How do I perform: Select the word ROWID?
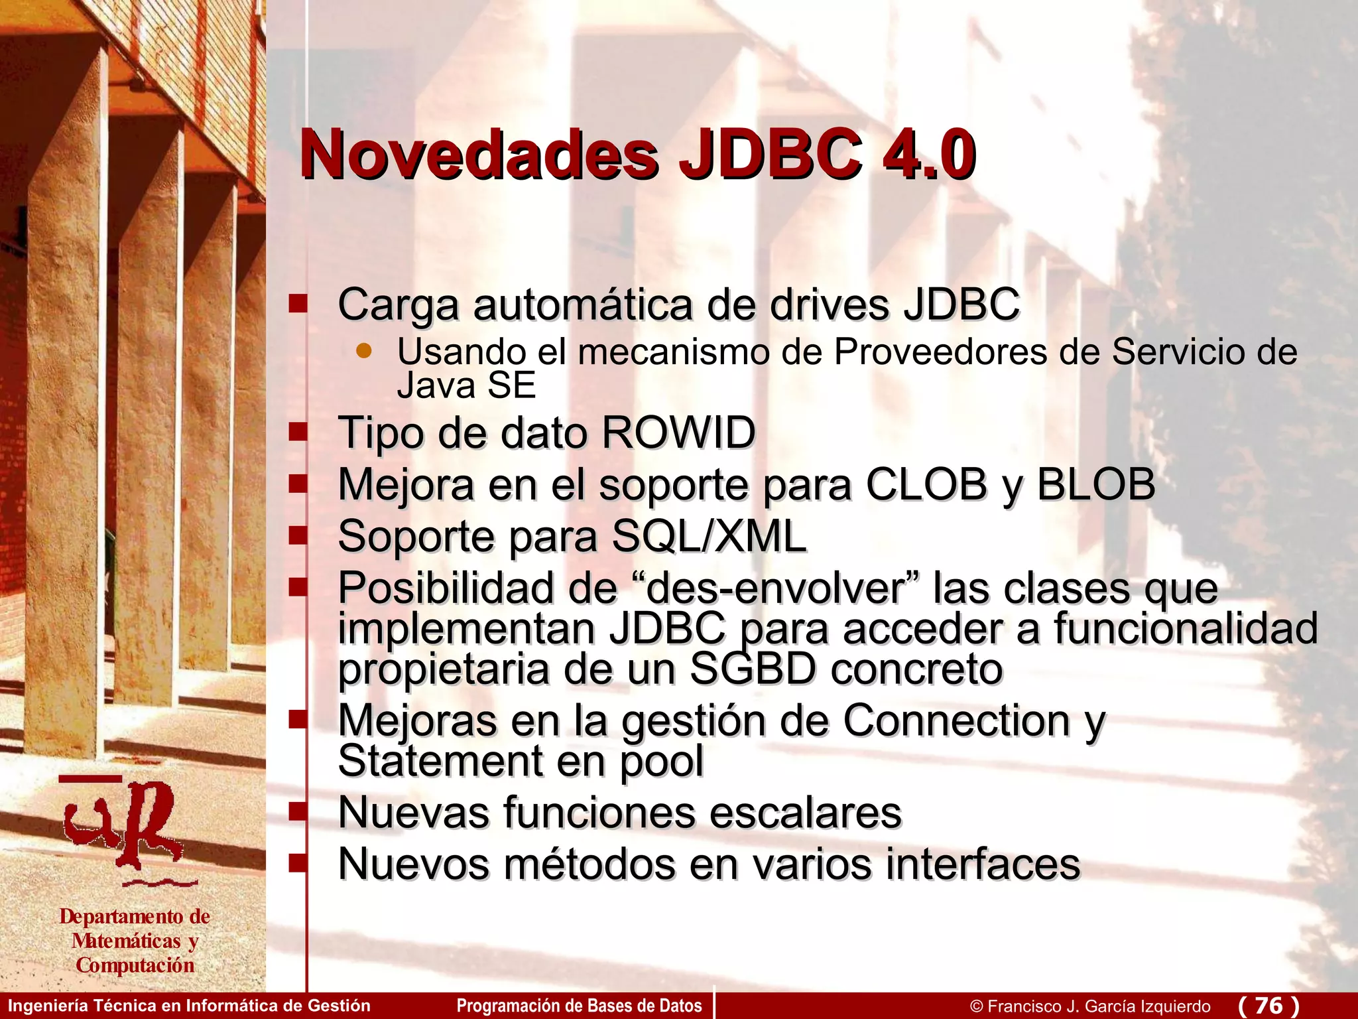[678, 433]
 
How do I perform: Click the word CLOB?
[926, 484]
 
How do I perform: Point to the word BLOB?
[1095, 484]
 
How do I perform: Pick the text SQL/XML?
[708, 535]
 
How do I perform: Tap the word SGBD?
[751, 669]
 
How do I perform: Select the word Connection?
[957, 720]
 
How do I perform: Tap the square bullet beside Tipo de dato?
[298, 433]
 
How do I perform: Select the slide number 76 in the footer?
[1268, 1005]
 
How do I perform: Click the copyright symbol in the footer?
[976, 1006]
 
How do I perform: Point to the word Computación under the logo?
[135, 965]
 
